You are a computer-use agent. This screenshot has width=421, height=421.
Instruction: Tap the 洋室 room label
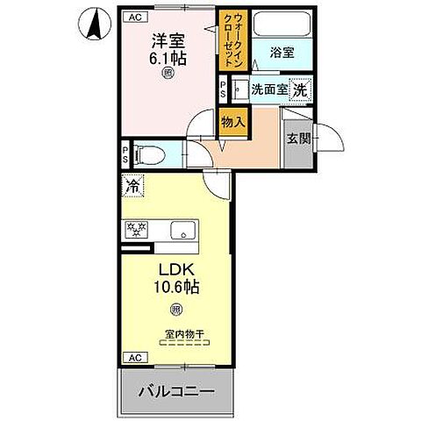pos(166,40)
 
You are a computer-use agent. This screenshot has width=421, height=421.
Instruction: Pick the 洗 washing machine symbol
pos(299,89)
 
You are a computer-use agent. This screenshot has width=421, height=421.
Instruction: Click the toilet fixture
pos(151,156)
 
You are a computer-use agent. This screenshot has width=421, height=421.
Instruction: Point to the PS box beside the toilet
pos(126,155)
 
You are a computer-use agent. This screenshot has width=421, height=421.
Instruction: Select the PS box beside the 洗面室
pos(224,88)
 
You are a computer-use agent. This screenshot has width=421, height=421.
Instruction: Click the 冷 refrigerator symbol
pos(133,186)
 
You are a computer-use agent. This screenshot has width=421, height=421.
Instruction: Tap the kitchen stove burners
pos(137,230)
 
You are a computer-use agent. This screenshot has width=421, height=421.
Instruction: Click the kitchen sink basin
pos(183,230)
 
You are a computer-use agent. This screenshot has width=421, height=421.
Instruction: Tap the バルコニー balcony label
pos(176,391)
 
